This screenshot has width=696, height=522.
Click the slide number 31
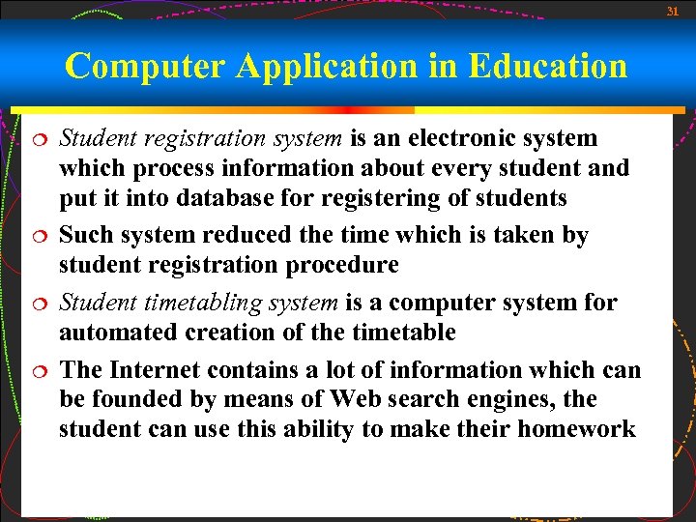coord(673,12)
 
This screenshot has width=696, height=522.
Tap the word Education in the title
coord(547,66)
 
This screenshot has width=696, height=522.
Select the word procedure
coord(335,265)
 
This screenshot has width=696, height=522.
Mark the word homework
coord(576,428)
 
